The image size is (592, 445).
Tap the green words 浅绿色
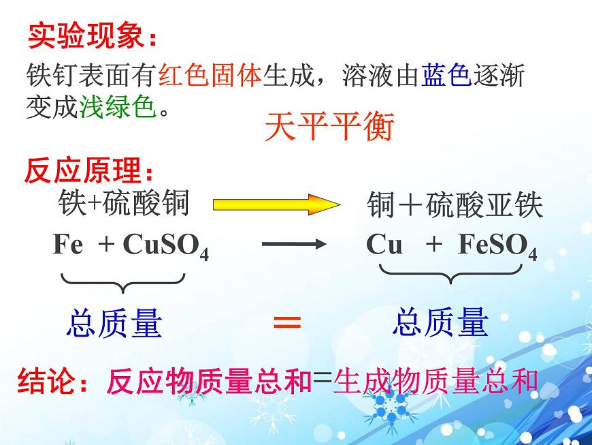pyautogui.click(x=118, y=107)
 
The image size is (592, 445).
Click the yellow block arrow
pyautogui.click(x=275, y=204)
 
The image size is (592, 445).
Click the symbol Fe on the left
pyautogui.click(x=68, y=244)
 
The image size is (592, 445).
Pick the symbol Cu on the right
pyautogui.click(x=384, y=244)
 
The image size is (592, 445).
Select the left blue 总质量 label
pyautogui.click(x=114, y=323)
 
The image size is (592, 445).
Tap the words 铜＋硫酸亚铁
pyautogui.click(x=455, y=204)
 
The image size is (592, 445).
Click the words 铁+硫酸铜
pyautogui.click(x=123, y=203)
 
